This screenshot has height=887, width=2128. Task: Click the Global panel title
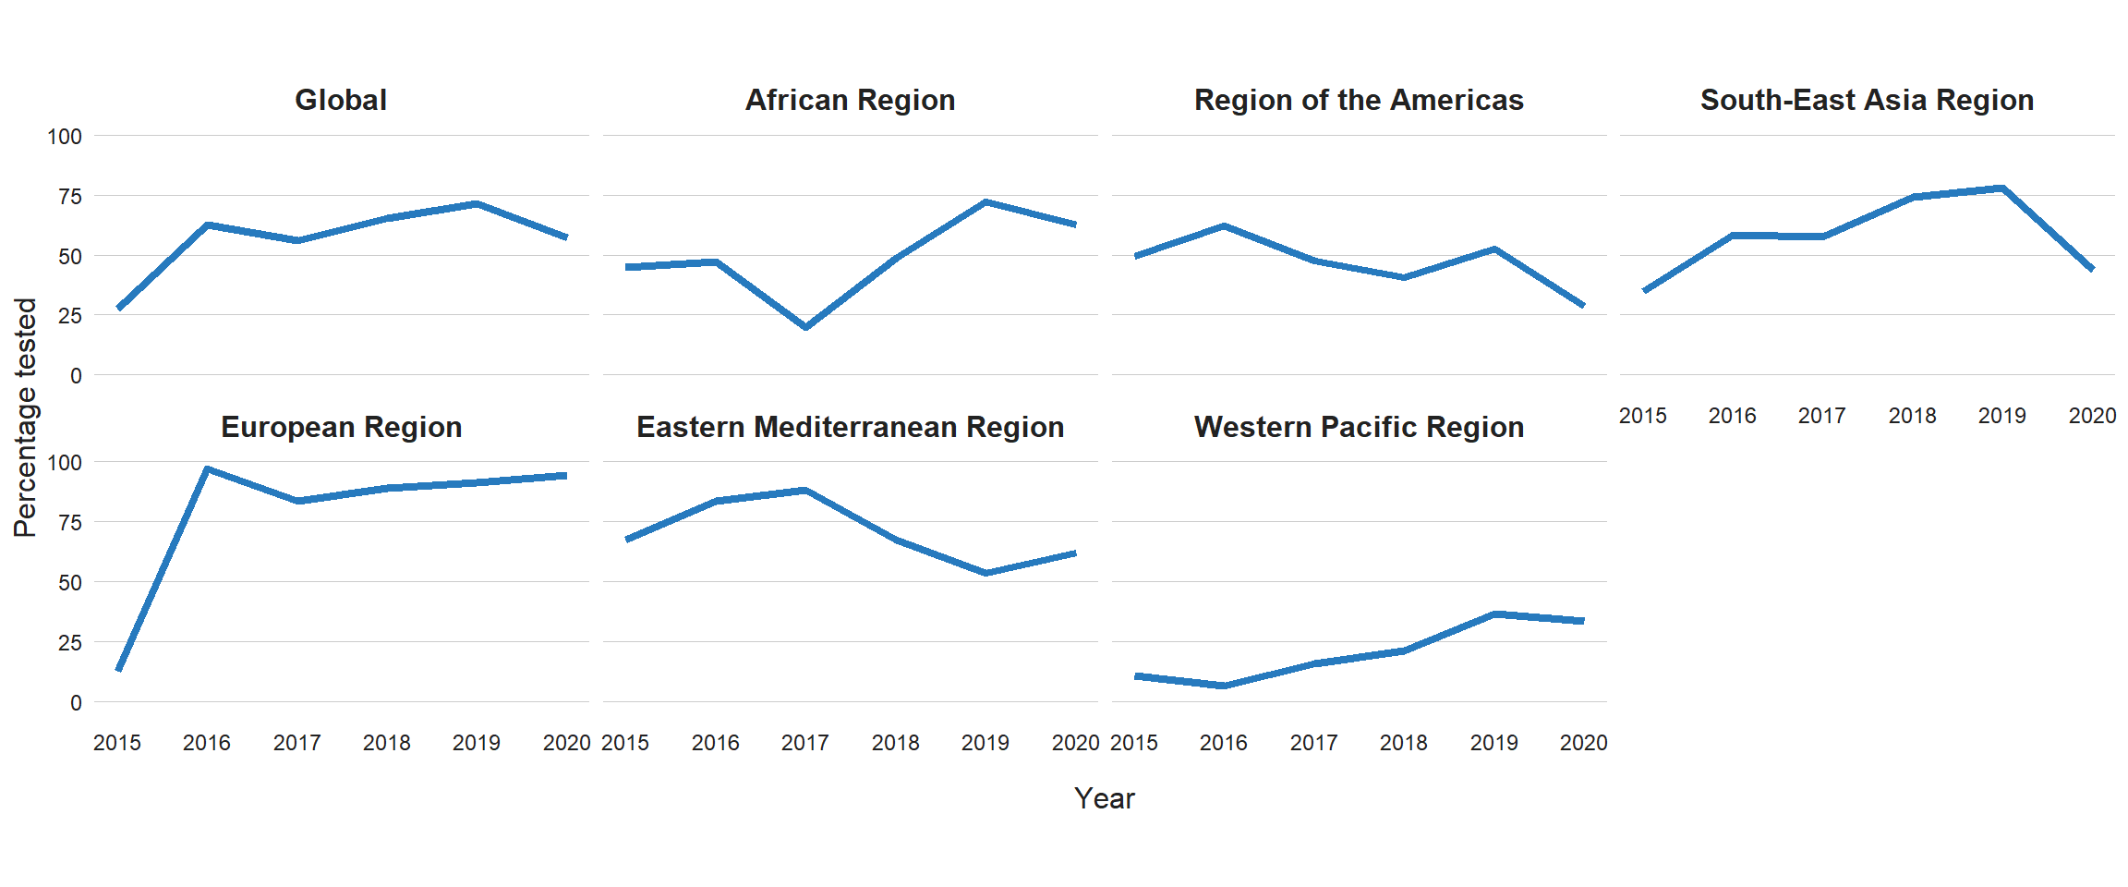point(340,100)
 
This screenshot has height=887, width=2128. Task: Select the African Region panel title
point(850,100)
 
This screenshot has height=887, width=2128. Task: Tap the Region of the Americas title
point(1359,100)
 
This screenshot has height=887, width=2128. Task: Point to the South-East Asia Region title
point(1867,100)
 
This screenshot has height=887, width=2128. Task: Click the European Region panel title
point(341,427)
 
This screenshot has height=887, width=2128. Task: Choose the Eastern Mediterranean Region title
point(850,427)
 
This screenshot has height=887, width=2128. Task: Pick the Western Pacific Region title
point(1359,427)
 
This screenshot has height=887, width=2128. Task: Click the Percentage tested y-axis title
point(25,417)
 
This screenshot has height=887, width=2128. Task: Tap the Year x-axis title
point(1104,798)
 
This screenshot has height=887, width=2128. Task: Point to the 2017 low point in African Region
point(805,327)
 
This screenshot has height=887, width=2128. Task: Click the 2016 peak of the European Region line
point(208,468)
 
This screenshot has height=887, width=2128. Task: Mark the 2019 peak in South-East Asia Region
point(2002,188)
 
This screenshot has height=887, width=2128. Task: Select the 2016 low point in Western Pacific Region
point(1224,686)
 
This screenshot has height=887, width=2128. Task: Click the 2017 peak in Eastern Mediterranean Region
point(805,490)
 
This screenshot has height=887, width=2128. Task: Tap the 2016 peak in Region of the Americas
point(1224,225)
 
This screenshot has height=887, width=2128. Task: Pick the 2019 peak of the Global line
point(477,203)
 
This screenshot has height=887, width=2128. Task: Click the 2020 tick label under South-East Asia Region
point(2092,416)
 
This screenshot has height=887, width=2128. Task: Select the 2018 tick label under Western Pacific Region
point(1403,743)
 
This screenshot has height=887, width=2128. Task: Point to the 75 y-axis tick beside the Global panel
point(70,196)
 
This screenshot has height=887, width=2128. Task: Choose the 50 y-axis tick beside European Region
point(70,582)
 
